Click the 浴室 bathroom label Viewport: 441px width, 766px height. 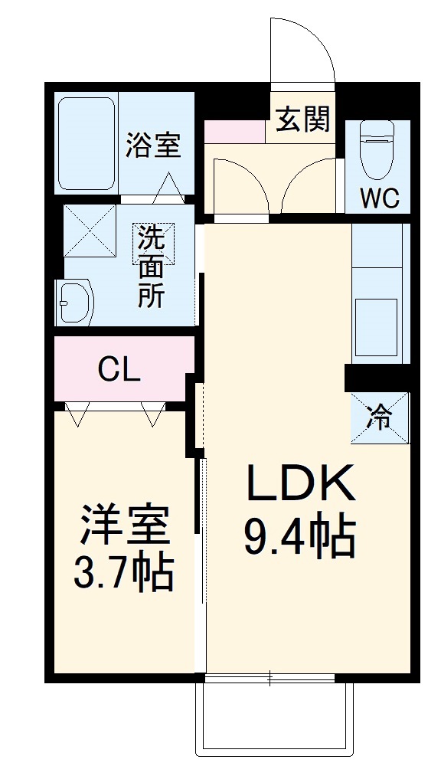[153, 145]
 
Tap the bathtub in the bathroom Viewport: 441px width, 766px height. [86, 143]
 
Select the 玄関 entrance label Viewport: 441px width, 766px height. [303, 119]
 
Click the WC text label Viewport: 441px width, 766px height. [380, 198]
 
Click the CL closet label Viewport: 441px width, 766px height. [119, 371]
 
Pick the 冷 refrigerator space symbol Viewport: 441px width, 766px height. [381, 417]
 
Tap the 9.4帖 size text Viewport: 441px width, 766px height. [300, 537]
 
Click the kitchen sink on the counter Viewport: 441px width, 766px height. [375, 326]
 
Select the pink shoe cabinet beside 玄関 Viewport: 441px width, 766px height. [234, 131]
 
